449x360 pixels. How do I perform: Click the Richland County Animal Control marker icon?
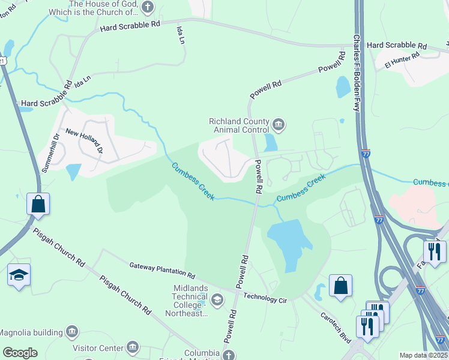[x=279, y=125]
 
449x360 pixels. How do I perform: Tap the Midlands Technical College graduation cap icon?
[x=217, y=299]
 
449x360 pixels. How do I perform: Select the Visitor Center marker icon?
[x=133, y=347]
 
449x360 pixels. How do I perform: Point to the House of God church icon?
[x=148, y=8]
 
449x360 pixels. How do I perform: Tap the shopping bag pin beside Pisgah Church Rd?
[x=38, y=204]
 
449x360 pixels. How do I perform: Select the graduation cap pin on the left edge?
[x=19, y=275]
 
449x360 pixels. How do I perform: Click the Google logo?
[x=20, y=352]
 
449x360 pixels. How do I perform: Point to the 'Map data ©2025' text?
[x=423, y=355]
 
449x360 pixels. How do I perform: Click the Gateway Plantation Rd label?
[x=162, y=271]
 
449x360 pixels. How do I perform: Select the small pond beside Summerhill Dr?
[x=74, y=172]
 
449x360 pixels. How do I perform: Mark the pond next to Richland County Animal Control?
[x=271, y=142]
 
